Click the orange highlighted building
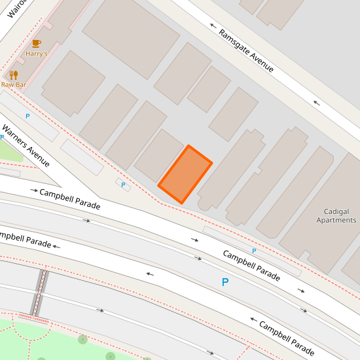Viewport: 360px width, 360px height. [x=185, y=174]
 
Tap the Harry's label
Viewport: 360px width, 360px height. [x=37, y=54]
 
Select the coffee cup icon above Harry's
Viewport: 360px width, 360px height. [x=37, y=43]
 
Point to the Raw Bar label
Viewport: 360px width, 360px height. [x=13, y=84]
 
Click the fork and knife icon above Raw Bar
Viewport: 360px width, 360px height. [x=13, y=75]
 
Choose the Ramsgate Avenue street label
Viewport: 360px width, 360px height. [x=246, y=50]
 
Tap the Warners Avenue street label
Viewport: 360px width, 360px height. [x=26, y=145]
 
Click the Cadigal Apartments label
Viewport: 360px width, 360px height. [x=336, y=216]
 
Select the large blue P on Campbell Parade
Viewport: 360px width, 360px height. [x=225, y=283]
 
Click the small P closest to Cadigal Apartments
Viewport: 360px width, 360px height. [x=254, y=251]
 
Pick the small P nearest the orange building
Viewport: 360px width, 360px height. [x=123, y=185]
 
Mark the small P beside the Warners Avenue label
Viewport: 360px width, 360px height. [x=27, y=116]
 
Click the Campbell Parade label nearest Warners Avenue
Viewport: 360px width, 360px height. [x=69, y=199]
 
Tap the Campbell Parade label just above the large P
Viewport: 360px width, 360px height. [x=251, y=265]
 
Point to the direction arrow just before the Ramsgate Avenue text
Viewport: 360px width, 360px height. [x=213, y=26]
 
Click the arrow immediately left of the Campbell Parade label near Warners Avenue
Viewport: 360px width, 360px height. [x=33, y=190]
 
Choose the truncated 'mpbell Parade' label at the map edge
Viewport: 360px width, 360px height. [x=25, y=239]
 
